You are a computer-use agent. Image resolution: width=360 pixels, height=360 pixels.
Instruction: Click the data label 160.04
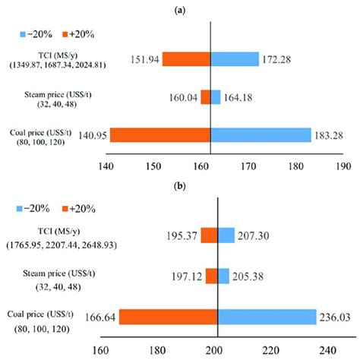tap(180, 97)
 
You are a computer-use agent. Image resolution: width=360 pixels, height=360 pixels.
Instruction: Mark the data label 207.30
tap(256, 238)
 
